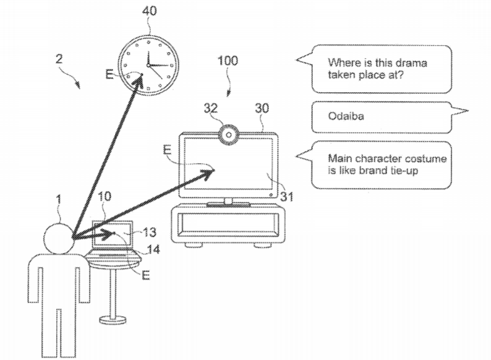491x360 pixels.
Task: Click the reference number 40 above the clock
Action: point(149,11)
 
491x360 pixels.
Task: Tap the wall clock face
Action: point(148,65)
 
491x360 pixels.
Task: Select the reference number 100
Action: point(228,61)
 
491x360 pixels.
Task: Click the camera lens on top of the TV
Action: point(229,135)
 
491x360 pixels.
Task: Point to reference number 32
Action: point(210,108)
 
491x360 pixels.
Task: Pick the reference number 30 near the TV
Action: point(262,108)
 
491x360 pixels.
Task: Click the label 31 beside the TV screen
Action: point(286,197)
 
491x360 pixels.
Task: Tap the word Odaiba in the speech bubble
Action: point(346,116)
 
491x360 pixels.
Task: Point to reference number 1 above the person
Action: point(59,199)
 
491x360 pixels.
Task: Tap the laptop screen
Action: point(113,234)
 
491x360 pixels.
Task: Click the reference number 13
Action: point(150,232)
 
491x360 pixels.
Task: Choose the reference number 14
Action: point(153,249)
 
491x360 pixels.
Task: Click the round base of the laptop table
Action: point(113,320)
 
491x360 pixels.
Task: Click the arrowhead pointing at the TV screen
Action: point(208,173)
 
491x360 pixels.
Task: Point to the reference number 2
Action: point(59,59)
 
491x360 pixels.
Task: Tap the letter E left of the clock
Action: point(109,74)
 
